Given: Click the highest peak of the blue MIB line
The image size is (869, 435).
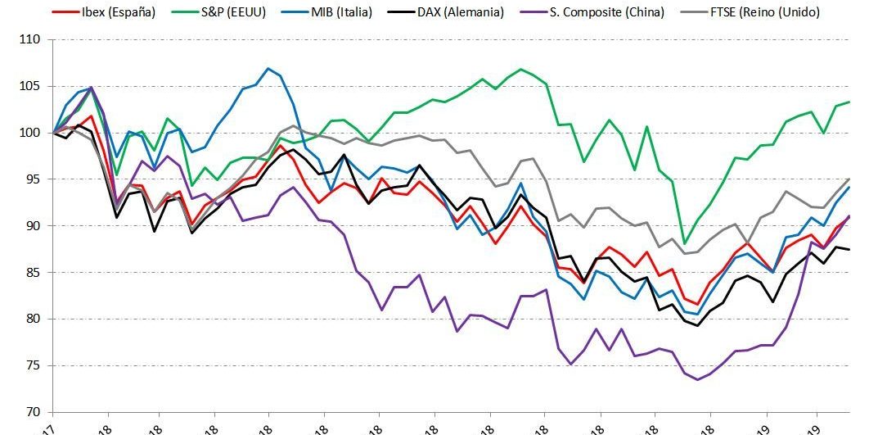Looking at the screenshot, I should click(x=268, y=68).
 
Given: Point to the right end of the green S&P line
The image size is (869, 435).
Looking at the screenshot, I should click(x=849, y=102).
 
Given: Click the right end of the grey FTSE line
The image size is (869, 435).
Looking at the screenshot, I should click(x=849, y=179).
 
